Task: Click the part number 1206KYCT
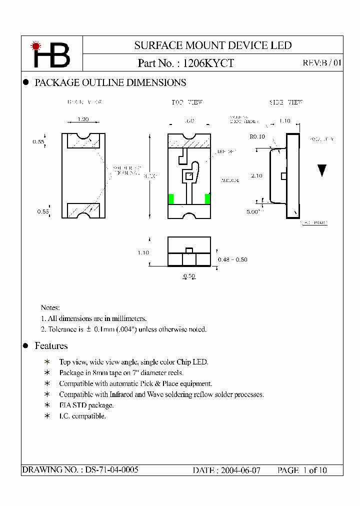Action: pyautogui.click(x=208, y=63)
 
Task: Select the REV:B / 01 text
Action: pyautogui.click(x=322, y=63)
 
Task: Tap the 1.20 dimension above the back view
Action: pyautogui.click(x=83, y=120)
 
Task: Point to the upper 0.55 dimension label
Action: pyautogui.click(x=38, y=142)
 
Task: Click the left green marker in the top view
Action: pyautogui.click(x=170, y=198)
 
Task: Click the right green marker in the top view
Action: pyautogui.click(x=207, y=198)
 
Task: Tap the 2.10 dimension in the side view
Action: pyautogui.click(x=257, y=175)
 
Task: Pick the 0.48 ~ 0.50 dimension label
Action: pyautogui.click(x=232, y=259)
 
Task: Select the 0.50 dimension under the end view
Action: pyautogui.click(x=189, y=276)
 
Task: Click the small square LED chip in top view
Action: pyautogui.click(x=188, y=176)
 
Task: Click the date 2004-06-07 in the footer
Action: pyautogui.click(x=240, y=470)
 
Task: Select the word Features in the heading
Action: pyautogui.click(x=51, y=346)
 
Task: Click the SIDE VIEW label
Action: pyautogui.click(x=286, y=102)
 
